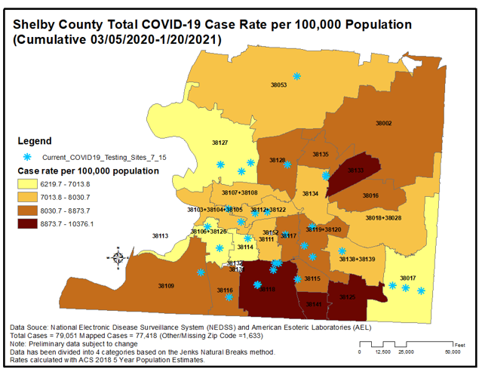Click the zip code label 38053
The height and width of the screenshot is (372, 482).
[x=279, y=85]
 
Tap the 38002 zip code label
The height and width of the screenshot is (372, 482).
[x=384, y=122]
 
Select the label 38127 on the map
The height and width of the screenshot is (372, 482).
[x=220, y=143]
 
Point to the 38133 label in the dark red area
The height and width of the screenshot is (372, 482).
[x=355, y=171]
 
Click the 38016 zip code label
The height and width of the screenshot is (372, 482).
[x=370, y=195]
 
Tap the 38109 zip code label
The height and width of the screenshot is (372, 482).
[x=166, y=286]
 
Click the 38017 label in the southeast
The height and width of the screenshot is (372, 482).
[x=408, y=278]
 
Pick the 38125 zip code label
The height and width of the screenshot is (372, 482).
[x=347, y=297]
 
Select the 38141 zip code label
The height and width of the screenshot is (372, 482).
[x=315, y=304]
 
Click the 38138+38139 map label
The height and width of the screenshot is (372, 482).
[x=357, y=259]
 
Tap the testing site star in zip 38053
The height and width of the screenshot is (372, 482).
[x=297, y=76]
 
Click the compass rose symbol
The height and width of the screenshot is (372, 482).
[x=118, y=257]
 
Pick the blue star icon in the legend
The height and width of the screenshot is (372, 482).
[x=28, y=156]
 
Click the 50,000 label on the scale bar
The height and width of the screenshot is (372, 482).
[x=452, y=352]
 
